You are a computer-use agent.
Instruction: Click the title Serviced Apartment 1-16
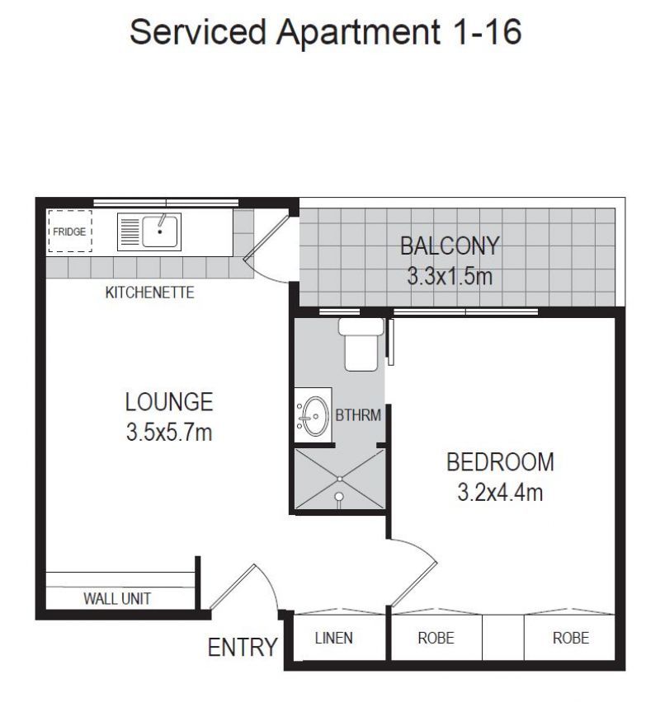[326, 33]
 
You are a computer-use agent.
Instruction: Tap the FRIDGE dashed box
[69, 232]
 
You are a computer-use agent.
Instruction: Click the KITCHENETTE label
[149, 292]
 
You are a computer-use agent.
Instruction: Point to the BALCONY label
[450, 246]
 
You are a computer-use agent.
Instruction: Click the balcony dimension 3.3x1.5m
[450, 276]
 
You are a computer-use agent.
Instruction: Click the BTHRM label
[358, 415]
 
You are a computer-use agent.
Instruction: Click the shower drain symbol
[339, 496]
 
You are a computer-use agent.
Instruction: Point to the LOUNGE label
[169, 402]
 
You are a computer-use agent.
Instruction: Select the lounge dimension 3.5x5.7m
[169, 433]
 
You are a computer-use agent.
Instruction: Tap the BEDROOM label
[500, 462]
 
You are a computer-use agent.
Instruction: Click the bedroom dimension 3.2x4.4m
[500, 493]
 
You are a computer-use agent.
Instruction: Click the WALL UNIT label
[117, 599]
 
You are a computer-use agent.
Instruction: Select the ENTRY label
[242, 648]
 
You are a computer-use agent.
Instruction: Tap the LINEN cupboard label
[334, 638]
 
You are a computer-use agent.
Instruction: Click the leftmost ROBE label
[436, 638]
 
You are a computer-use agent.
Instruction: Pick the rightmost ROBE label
[571, 638]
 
